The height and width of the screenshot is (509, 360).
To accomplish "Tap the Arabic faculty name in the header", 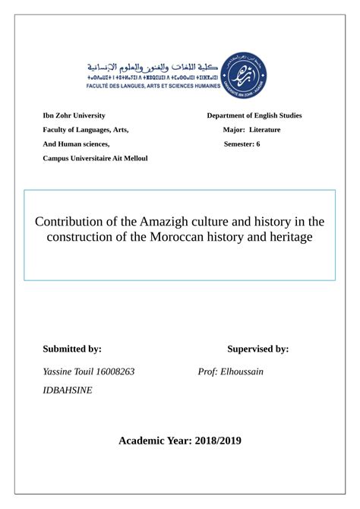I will pyautogui.click(x=153, y=66).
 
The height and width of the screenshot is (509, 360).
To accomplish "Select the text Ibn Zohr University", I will pyautogui.click(x=74, y=115).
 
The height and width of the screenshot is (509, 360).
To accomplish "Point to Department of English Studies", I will pyautogui.click(x=254, y=115).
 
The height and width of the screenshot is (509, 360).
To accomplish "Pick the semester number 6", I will pyautogui.click(x=258, y=144).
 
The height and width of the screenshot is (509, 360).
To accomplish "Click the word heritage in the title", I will pyautogui.click(x=289, y=238).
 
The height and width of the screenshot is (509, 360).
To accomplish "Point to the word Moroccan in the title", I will pyautogui.click(x=177, y=238).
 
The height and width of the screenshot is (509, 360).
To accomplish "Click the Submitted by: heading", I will pyautogui.click(x=72, y=349).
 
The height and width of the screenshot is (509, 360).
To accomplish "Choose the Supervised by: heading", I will pyautogui.click(x=257, y=349).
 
